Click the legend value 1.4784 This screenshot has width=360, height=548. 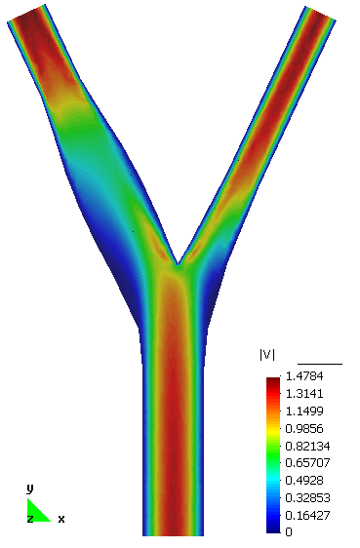click(x=301, y=375)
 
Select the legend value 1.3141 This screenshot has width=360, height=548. click(x=301, y=393)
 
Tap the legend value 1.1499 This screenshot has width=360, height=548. click(x=301, y=411)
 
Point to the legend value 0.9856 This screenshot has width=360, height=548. click(x=301, y=428)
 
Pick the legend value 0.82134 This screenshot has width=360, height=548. click(x=304, y=446)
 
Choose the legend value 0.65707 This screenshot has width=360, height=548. click(x=304, y=462)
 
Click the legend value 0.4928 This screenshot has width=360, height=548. click(x=301, y=480)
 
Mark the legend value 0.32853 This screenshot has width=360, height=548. click(x=304, y=497)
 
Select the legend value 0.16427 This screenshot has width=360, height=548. click(x=304, y=515)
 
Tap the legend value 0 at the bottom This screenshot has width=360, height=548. click(x=289, y=532)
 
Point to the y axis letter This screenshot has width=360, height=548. click(x=30, y=488)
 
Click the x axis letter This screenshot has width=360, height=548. click(x=61, y=519)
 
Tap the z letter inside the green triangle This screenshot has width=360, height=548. click(x=30, y=519)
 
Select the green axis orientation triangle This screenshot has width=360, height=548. click(x=37, y=512)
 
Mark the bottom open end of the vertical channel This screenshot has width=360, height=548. click(x=175, y=533)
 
